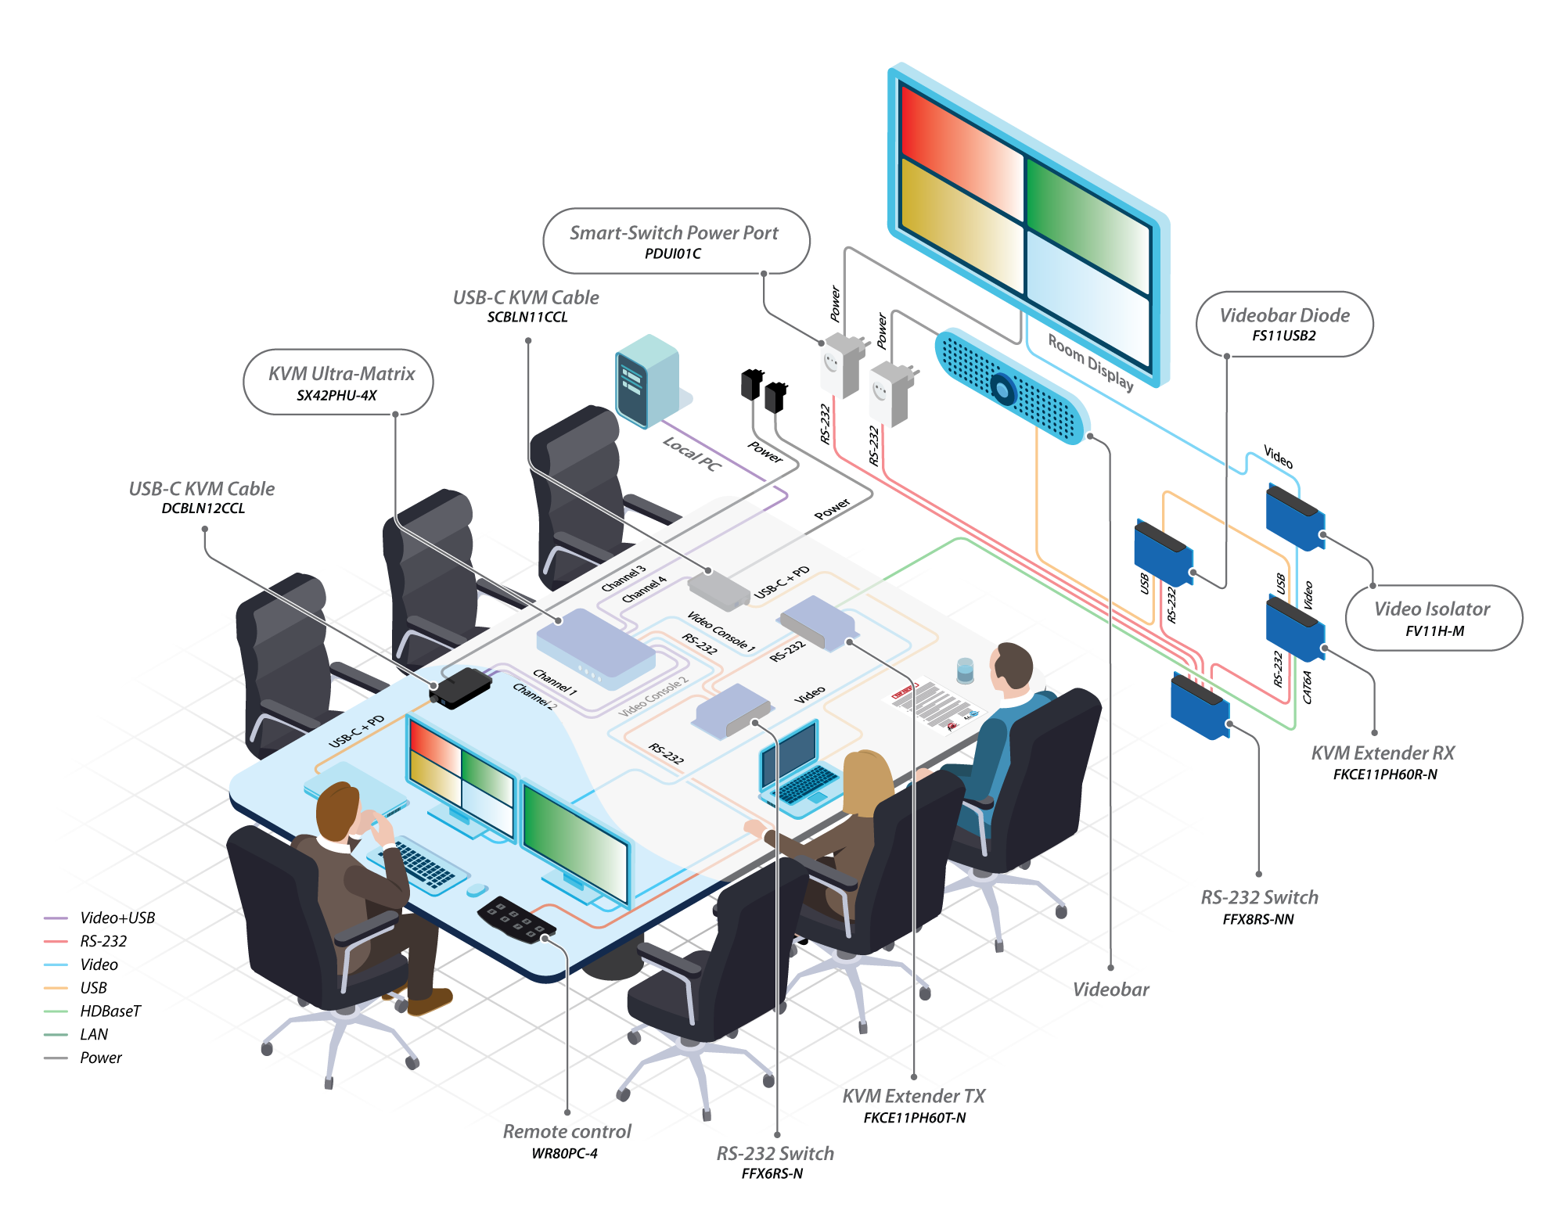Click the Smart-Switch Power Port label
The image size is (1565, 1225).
click(x=674, y=233)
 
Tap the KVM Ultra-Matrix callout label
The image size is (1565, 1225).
click(x=341, y=374)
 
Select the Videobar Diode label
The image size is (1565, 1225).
click(x=1284, y=316)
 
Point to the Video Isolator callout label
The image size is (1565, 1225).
click(x=1432, y=609)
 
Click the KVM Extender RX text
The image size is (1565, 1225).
click(x=1383, y=753)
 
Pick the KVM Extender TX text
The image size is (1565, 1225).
click(x=913, y=1097)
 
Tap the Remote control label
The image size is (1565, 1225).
click(x=567, y=1132)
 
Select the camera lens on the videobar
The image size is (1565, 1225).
click(x=1002, y=387)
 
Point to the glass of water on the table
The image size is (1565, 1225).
click(x=966, y=670)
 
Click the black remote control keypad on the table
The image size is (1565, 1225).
click(x=516, y=919)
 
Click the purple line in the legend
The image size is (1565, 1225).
click(x=56, y=918)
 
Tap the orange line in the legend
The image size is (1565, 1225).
click(x=56, y=988)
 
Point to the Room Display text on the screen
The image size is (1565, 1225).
click(x=1090, y=361)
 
